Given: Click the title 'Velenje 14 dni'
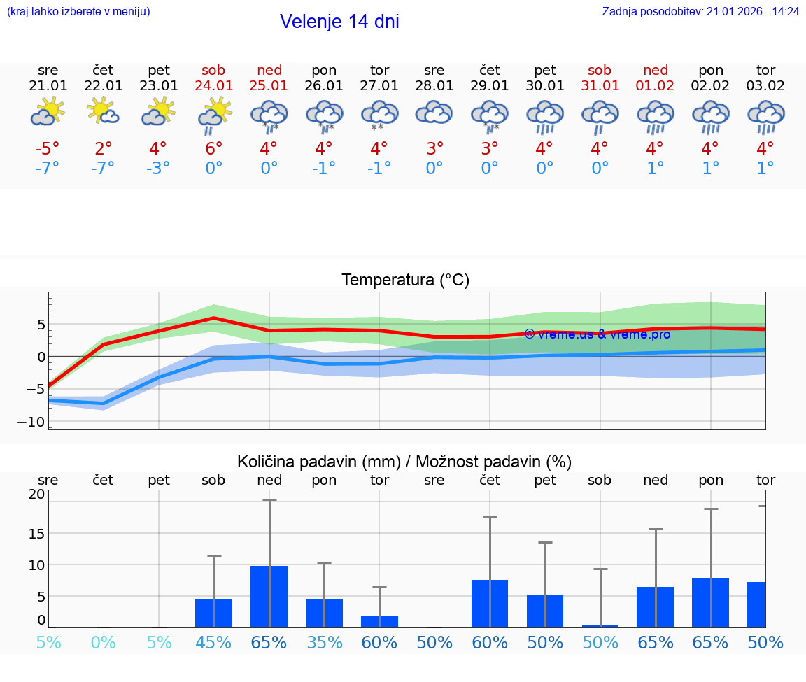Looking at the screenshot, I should (x=339, y=22).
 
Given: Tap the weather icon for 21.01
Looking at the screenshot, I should (x=48, y=112).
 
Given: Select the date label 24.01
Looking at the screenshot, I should (x=213, y=86).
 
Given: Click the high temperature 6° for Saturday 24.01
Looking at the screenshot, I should (x=213, y=148).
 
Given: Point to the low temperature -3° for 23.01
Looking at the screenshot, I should (x=158, y=169).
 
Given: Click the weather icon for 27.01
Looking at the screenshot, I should (x=379, y=115).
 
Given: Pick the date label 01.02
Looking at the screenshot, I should (x=656, y=86).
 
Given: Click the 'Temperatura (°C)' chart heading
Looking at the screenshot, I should (x=405, y=280).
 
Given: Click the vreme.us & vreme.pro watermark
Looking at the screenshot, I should (x=597, y=334).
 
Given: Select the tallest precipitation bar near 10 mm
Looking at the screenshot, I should (x=269, y=596).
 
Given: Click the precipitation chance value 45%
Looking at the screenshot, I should (x=213, y=642).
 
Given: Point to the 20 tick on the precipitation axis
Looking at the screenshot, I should (x=36, y=494).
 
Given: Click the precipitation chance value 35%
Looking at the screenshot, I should (x=324, y=642).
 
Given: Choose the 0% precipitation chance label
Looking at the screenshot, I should (x=103, y=642).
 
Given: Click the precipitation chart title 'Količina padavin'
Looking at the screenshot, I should (x=404, y=462).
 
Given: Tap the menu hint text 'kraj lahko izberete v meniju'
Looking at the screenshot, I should (x=78, y=12).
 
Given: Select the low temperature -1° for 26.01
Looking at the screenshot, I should (x=324, y=169).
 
